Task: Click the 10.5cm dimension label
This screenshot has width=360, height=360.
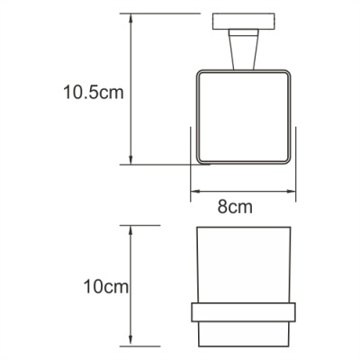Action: (x=91, y=92)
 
